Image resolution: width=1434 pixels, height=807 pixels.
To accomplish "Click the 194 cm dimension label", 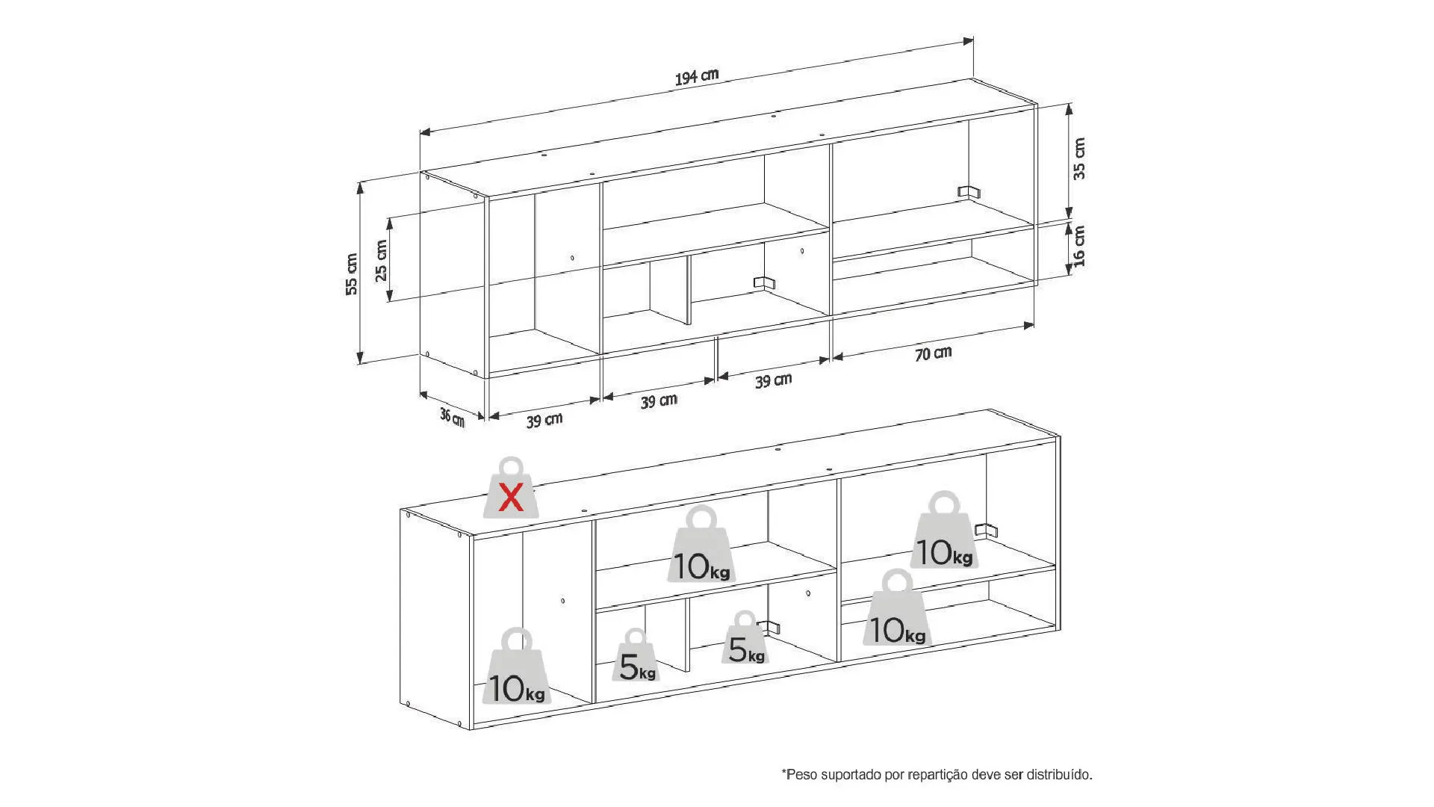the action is coord(697,76).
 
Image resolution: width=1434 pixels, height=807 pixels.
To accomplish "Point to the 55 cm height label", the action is coord(352,274).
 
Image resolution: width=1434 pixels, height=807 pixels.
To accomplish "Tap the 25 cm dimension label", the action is coord(382,260).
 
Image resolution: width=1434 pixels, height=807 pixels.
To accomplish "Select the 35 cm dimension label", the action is coord(1079,158).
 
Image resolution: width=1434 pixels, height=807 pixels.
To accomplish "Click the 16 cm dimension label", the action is coord(1079,246).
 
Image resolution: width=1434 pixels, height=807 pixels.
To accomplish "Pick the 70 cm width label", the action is coord(934,353).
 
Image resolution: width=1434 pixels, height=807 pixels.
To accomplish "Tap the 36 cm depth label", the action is coord(452,416).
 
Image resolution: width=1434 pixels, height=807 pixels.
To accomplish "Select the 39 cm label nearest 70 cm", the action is coord(773,381).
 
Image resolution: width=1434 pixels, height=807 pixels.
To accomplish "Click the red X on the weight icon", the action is coord(511,497).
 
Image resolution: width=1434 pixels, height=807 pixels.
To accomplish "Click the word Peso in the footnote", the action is coord(801,775).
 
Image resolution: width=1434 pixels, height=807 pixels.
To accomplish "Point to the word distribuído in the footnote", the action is coord(1058,775).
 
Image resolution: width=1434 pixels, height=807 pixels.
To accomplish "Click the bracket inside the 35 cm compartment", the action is coord(969,192).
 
